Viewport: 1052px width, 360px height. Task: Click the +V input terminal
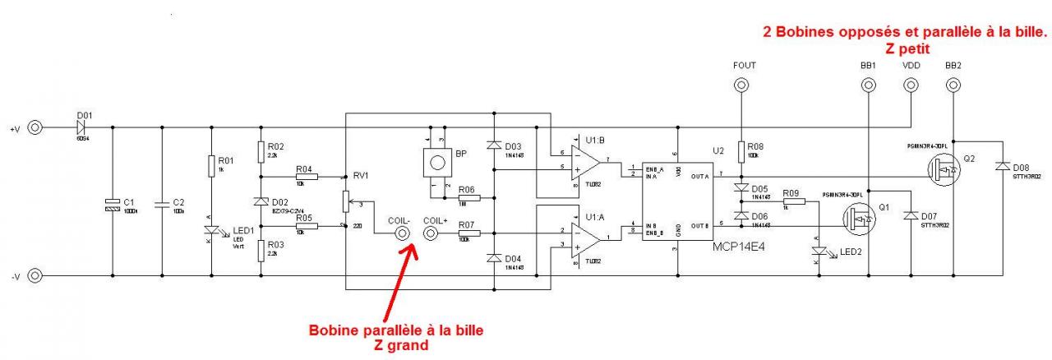coord(35,127)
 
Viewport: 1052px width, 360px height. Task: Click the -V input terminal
coord(35,275)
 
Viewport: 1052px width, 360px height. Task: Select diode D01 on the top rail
coord(80,127)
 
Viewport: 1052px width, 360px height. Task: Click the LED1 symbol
coord(212,234)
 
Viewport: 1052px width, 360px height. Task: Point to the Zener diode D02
coord(261,201)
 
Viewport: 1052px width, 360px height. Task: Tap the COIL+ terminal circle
coord(431,234)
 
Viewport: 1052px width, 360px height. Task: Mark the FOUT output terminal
coord(741,85)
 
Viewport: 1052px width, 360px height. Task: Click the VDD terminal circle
coord(911,85)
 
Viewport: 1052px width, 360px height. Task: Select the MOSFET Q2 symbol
coord(943,171)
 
